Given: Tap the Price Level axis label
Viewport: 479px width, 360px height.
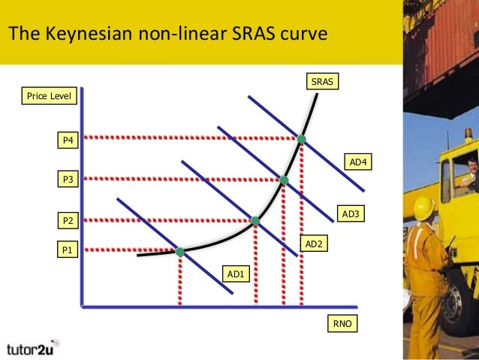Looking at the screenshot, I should click(x=49, y=96).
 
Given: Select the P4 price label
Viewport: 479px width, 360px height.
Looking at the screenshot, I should click(x=68, y=141).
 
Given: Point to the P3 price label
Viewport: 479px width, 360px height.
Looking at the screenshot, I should click(x=68, y=179).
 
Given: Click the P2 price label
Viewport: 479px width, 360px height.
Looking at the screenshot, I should click(x=68, y=221).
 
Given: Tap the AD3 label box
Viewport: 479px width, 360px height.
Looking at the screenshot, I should click(x=352, y=215).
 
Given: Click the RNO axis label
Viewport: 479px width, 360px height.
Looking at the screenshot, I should click(x=342, y=324).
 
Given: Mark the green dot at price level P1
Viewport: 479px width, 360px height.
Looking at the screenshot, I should click(x=180, y=252).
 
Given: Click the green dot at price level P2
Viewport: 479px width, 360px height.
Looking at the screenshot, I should click(x=255, y=220).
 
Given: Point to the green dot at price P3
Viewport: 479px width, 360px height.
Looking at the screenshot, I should click(x=284, y=180).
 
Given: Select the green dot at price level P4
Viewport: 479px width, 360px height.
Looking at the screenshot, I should click(x=301, y=139).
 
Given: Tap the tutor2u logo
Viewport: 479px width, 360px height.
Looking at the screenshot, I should click(x=33, y=348).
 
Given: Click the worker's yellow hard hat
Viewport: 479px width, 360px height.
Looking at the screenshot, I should click(x=424, y=205).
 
